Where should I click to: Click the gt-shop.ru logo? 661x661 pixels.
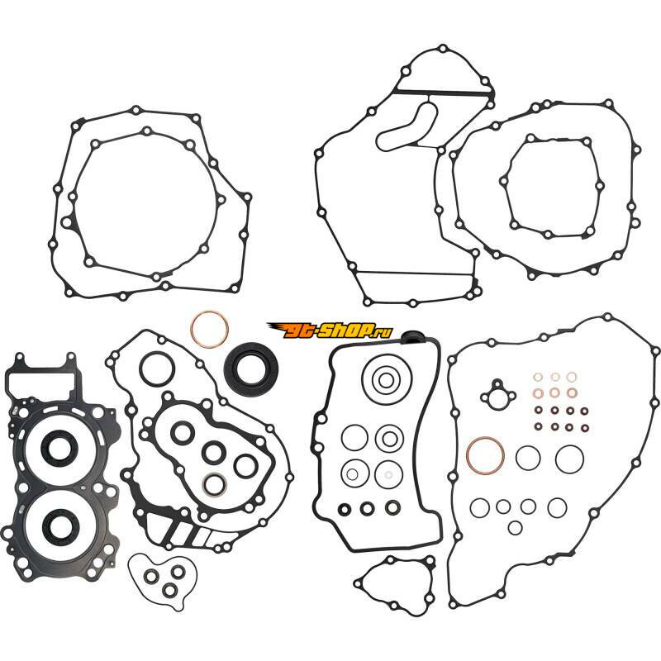(330, 330)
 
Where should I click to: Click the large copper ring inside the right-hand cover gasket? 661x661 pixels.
(485, 456)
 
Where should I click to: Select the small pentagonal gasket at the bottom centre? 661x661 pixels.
(395, 583)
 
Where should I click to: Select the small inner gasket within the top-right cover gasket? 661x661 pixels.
(552, 187)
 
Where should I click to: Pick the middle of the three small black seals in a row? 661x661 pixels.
(367, 508)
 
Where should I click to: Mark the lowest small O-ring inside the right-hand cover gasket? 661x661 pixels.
(515, 527)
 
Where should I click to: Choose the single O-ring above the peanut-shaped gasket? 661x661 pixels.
(156, 369)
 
